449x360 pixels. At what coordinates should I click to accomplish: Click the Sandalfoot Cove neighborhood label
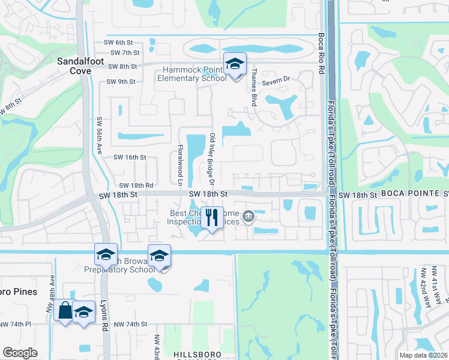(x=74, y=66)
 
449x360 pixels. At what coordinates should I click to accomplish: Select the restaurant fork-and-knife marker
(x=211, y=218)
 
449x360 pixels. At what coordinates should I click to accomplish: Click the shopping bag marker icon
(x=64, y=311)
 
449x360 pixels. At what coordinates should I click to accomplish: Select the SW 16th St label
(x=130, y=157)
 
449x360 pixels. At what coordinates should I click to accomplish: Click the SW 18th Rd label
(x=136, y=186)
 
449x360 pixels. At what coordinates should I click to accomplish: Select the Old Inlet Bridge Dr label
(x=211, y=157)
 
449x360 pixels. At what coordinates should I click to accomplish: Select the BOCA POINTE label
(x=414, y=194)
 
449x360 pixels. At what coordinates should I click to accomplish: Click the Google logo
(x=20, y=353)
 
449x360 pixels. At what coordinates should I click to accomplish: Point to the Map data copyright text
(x=423, y=355)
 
